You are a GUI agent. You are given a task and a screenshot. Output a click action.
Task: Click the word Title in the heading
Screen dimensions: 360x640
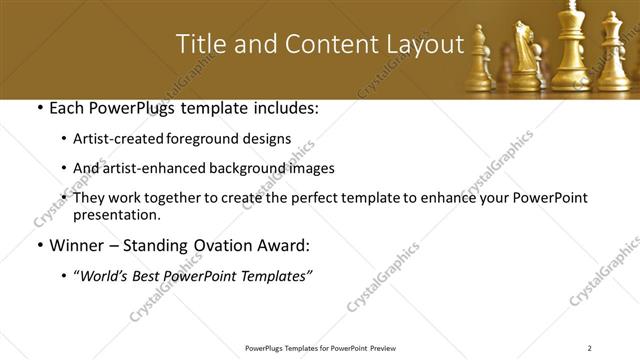click(x=199, y=44)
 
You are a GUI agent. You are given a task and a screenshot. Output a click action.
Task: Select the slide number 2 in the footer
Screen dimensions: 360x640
click(x=590, y=348)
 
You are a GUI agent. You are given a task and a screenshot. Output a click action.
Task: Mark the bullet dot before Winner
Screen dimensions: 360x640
click(x=38, y=245)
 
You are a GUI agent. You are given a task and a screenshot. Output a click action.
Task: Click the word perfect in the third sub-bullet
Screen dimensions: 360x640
click(x=312, y=198)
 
